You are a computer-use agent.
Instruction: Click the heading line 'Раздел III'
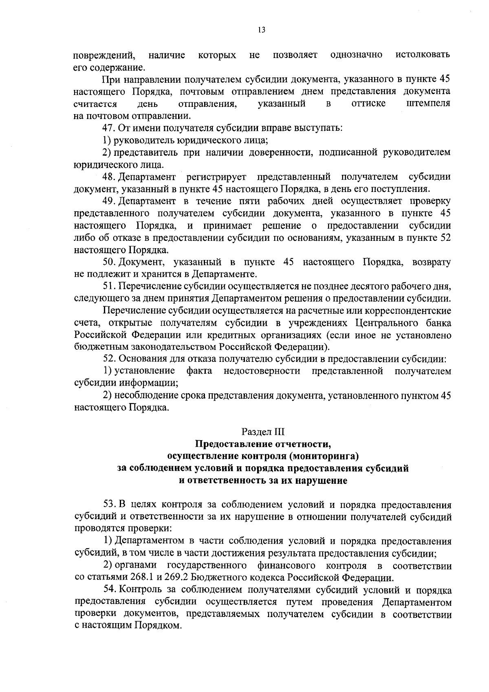coord(263,432)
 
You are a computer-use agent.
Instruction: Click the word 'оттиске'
coord(368,104)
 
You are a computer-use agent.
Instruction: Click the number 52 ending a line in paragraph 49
coord(445,238)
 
